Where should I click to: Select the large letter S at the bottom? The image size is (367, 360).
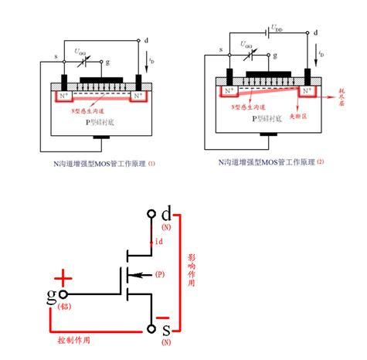pos(166,331)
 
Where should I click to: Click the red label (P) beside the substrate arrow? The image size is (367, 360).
pos(160,274)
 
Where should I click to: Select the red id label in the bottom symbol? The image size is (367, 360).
pos(158,243)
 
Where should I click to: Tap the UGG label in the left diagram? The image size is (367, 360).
pos(80,51)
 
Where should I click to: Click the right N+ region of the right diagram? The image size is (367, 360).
pos(307,92)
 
